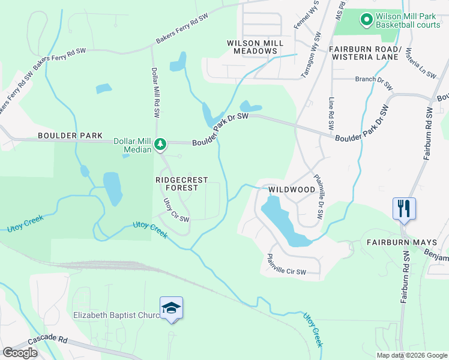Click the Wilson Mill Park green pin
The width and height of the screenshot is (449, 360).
(x=366, y=21)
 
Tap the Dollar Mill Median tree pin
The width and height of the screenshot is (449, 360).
(x=160, y=144)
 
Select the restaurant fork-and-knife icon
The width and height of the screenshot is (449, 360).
(x=404, y=209)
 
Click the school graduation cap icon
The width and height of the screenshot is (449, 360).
(x=172, y=308)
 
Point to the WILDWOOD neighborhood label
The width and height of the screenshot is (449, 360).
(x=292, y=190)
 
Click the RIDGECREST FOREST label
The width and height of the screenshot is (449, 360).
(x=182, y=184)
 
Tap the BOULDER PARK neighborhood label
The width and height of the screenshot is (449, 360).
(x=70, y=136)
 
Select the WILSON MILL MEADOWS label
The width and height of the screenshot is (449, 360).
(x=252, y=47)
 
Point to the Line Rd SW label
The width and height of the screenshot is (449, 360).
(x=331, y=114)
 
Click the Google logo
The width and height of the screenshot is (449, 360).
(x=20, y=353)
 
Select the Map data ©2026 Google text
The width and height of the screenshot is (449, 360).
(x=412, y=355)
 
